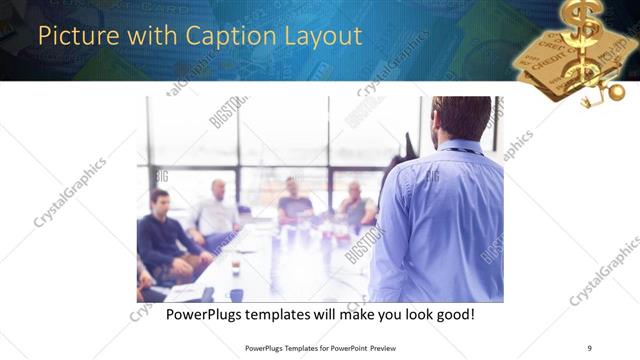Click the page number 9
coord(589,347)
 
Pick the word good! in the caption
coord(453,314)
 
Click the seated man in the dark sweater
coord(164,235)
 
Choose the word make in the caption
coord(351,314)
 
